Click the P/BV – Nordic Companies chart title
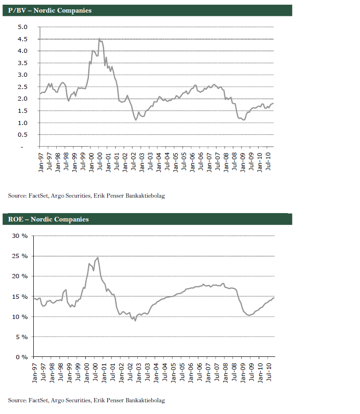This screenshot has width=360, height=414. [x=50, y=10]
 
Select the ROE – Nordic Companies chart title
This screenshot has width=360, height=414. [x=48, y=219]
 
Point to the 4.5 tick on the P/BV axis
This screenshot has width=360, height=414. [x=23, y=39]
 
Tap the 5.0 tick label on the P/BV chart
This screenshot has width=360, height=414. [x=23, y=27]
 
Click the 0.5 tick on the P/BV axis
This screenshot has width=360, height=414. [x=23, y=135]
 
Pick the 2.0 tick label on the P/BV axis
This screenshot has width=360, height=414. [x=23, y=99]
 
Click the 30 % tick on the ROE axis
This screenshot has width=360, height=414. [x=20, y=236]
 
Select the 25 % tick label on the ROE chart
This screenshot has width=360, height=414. [x=20, y=256]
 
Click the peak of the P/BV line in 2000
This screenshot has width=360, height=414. [x=99, y=39]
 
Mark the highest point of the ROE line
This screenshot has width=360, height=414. [x=97, y=258]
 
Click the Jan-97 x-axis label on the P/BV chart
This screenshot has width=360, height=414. [x=40, y=160]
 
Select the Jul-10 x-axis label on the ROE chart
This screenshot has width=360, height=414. [x=270, y=370]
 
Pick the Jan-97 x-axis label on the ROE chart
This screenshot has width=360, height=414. [x=35, y=370]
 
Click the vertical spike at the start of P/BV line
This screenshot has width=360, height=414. [x=40, y=84]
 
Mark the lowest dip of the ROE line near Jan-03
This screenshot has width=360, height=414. [x=135, y=320]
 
